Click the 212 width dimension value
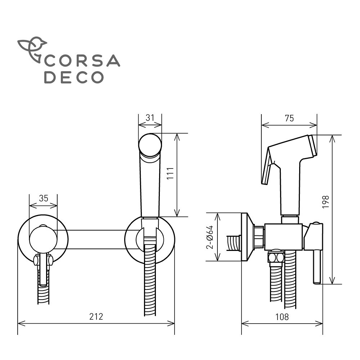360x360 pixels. tap(96, 316)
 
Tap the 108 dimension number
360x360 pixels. tap(282, 317)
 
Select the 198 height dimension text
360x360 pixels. tap(325, 202)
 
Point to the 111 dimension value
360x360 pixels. tap(170, 174)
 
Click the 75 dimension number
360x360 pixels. tap(289, 118)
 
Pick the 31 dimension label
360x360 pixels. tap(150, 118)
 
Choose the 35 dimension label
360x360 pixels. tap(44, 198)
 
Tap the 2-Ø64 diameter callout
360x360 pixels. tap(210, 237)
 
